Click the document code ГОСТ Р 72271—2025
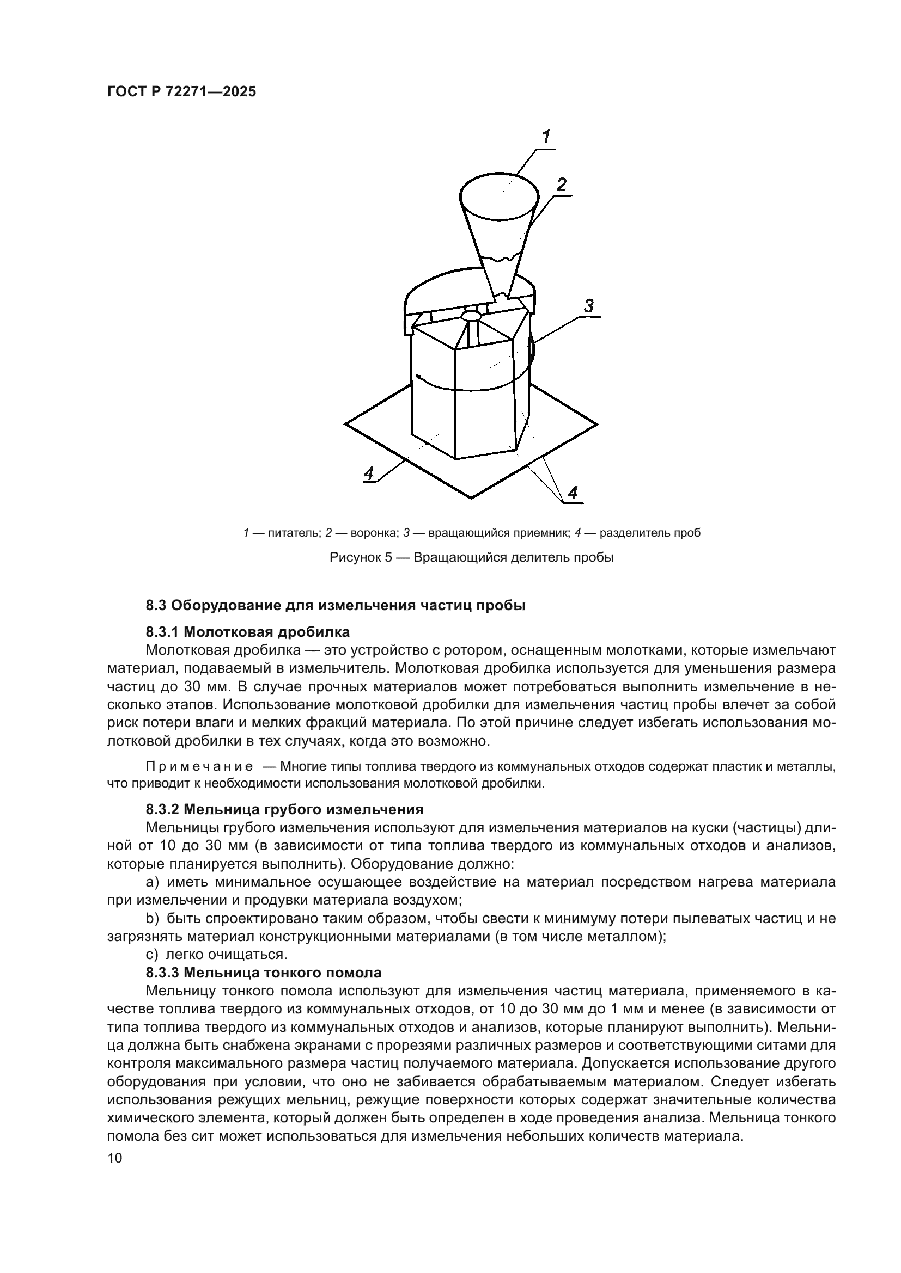point(181,92)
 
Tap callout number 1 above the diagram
point(546,137)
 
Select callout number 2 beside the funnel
point(562,185)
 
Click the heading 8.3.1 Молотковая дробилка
point(247,632)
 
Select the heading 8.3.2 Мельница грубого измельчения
point(284,810)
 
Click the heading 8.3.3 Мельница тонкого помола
point(264,973)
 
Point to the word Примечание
point(199,767)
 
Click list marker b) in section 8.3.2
point(152,919)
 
